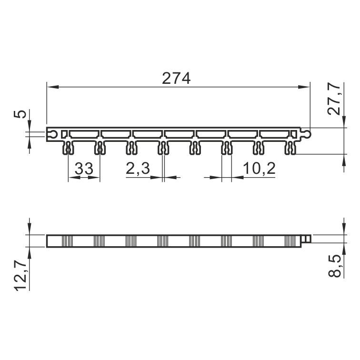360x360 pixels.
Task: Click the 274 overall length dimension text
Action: pyautogui.click(x=176, y=79)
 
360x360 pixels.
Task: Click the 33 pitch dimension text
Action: pyautogui.click(x=84, y=169)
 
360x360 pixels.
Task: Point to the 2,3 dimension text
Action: pyautogui.click(x=138, y=168)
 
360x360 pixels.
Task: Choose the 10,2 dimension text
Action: pyautogui.click(x=259, y=168)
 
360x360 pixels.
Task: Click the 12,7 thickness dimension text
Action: pyautogui.click(x=21, y=276)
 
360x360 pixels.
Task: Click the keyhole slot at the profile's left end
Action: pyautogui.click(x=53, y=134)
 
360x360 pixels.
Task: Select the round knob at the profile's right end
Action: pyautogui.click(x=307, y=133)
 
